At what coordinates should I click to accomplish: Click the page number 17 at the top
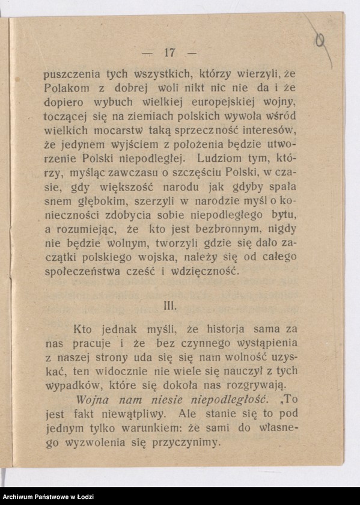[x=168, y=52]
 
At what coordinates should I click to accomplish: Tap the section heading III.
[x=169, y=305]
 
